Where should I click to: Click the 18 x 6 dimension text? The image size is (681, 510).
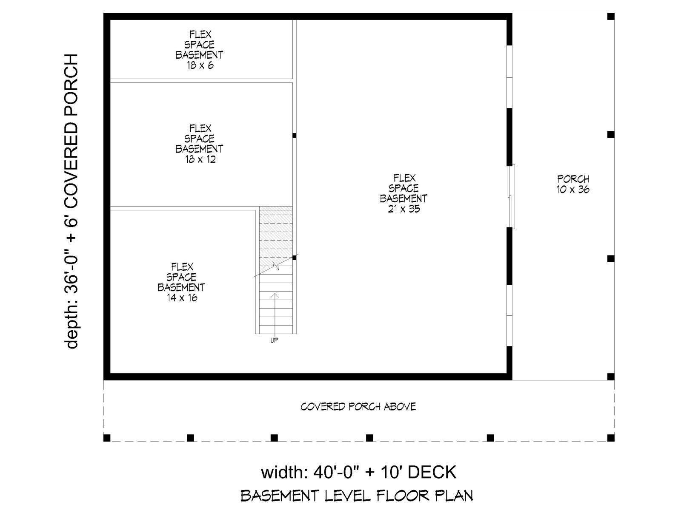click(x=200, y=65)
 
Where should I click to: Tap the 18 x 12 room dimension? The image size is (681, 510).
click(x=200, y=159)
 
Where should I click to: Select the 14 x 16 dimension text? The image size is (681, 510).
click(x=182, y=298)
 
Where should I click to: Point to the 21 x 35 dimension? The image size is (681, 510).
click(x=404, y=209)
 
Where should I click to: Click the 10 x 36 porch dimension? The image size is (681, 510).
click(x=573, y=190)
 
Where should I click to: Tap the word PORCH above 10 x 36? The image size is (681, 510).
click(x=573, y=179)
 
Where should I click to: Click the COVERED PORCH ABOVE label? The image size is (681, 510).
click(x=358, y=407)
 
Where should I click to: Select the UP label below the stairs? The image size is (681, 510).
click(x=274, y=340)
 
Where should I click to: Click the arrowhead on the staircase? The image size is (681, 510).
click(x=275, y=296)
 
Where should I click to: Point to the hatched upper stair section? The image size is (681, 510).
click(x=276, y=237)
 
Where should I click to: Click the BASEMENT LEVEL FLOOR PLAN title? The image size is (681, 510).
click(x=357, y=496)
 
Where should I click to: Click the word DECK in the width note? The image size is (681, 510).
click(x=432, y=473)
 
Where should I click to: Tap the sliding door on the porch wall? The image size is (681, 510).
click(x=512, y=196)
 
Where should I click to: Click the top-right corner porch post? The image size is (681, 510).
click(x=611, y=17)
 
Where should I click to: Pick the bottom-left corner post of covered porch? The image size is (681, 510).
click(x=107, y=438)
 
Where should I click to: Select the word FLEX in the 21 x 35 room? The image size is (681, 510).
click(x=404, y=178)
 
